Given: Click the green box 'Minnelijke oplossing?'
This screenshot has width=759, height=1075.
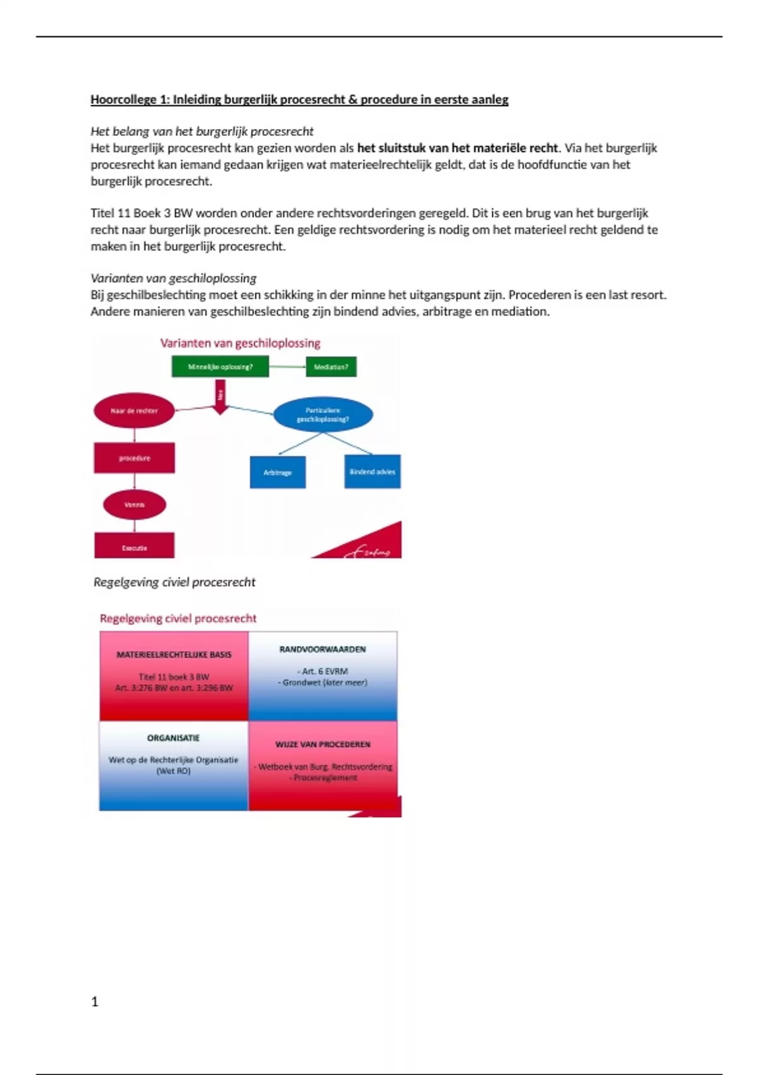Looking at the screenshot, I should (x=220, y=367).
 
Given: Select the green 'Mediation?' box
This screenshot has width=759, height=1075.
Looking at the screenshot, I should (x=331, y=367).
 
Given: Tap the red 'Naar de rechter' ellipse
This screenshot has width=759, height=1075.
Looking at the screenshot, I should (x=134, y=411).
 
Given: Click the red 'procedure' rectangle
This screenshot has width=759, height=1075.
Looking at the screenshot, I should (x=134, y=458).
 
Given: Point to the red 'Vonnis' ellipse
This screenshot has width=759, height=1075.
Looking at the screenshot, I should (x=134, y=505).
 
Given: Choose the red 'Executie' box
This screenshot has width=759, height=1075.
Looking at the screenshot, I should (x=134, y=546).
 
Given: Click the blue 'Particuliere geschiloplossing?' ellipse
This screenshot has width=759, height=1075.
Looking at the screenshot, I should (x=323, y=415).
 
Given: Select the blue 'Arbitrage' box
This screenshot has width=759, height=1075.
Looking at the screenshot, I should (x=278, y=472).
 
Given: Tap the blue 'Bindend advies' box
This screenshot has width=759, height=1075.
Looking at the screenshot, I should (x=372, y=472).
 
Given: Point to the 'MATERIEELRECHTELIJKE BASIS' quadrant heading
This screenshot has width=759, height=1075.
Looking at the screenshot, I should (x=174, y=655).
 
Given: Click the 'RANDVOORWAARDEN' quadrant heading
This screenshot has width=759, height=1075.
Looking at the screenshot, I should (x=323, y=649).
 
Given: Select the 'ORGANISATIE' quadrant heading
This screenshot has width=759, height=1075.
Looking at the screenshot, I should (x=173, y=738).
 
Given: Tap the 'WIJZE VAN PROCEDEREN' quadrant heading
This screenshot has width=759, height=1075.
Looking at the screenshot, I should (x=323, y=744).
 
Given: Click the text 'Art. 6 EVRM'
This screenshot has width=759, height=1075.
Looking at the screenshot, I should (x=323, y=671).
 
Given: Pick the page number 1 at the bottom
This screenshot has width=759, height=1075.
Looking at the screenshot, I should (x=95, y=1002).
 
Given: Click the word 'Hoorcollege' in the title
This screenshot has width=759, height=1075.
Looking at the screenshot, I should (x=123, y=99).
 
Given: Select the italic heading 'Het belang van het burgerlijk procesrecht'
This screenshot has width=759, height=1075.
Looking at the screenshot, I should (x=202, y=132).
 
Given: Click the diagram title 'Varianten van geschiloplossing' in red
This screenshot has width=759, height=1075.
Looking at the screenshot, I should (x=240, y=343).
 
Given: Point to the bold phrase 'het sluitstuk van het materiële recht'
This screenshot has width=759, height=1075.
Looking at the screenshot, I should (x=457, y=148).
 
